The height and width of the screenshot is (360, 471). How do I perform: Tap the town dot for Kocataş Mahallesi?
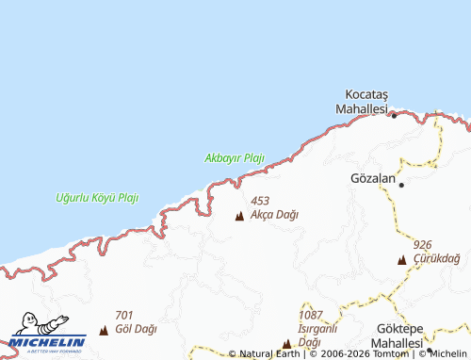[394, 115]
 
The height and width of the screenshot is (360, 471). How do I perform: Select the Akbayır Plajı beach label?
[235, 157]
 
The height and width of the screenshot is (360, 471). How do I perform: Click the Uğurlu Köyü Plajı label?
[97, 198]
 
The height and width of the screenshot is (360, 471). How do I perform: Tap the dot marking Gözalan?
[401, 185]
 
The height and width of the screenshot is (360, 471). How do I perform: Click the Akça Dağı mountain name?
[275, 215]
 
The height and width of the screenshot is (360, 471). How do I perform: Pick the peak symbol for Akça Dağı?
[239, 217]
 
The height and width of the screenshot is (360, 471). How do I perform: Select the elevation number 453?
[260, 201]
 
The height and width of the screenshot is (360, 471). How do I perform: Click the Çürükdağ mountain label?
[436, 258]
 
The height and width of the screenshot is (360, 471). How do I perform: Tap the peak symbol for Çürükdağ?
[401, 259]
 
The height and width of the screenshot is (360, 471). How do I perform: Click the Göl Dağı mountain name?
[136, 329]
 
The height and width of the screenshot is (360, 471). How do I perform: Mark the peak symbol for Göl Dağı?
[104, 331]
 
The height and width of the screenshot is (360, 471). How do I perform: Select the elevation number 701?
[123, 315]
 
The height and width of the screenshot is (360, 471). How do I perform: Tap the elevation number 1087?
[311, 315]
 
